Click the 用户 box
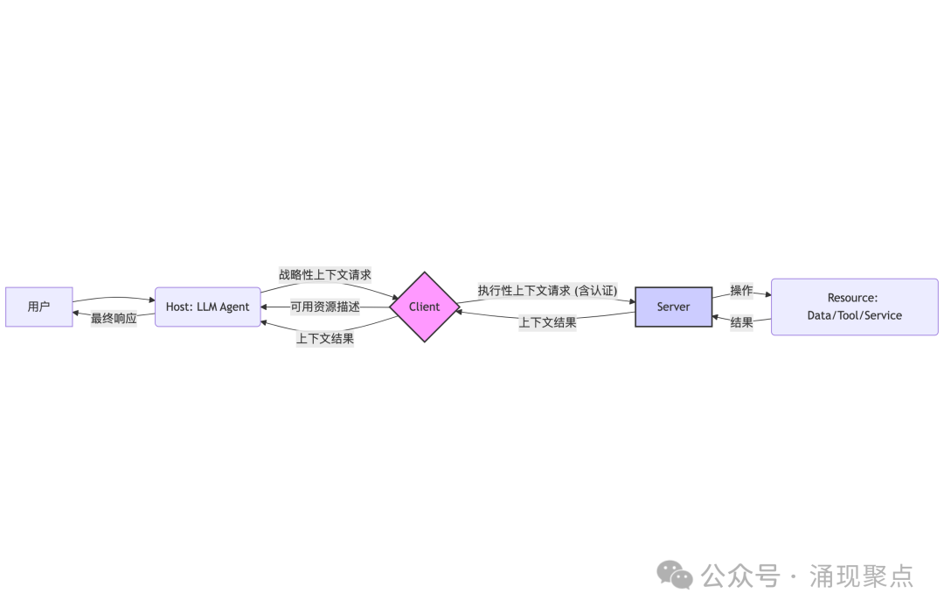point(38,307)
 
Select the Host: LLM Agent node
point(207,307)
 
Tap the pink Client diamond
point(424,307)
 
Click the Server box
point(673,307)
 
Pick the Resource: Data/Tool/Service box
point(854,307)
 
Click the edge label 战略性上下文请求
point(324,275)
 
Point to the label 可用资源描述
point(325,307)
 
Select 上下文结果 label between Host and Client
point(325,338)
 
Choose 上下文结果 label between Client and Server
point(547,322)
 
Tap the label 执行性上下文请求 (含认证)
point(547,290)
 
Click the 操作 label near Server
point(741,290)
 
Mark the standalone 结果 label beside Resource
point(741,322)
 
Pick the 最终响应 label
point(114,319)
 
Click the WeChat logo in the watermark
point(675,575)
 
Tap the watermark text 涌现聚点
point(861,576)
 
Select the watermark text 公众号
point(741,576)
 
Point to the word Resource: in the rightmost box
point(852,298)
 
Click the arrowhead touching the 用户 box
point(77,312)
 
